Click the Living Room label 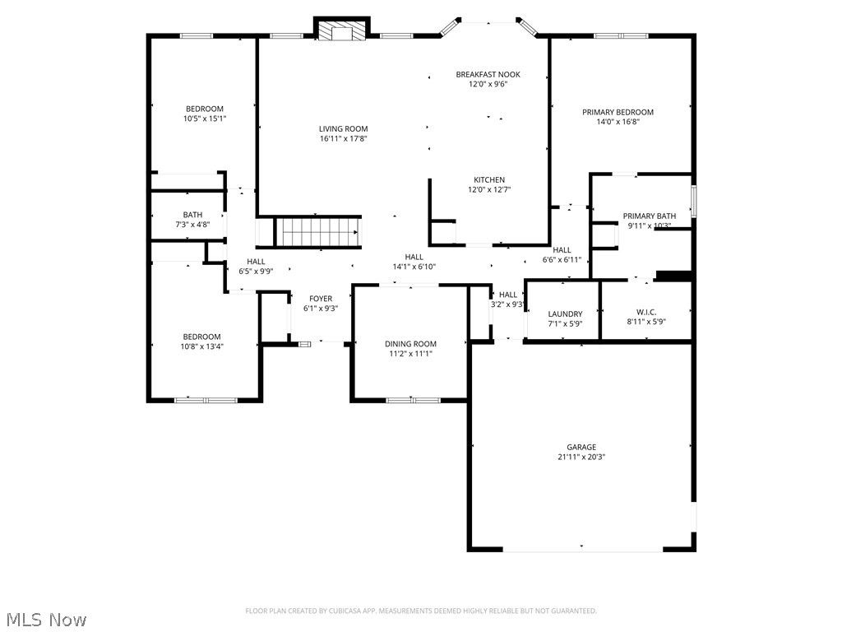point(343,128)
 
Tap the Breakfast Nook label point(488,75)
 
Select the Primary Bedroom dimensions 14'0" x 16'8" point(618,122)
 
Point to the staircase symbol point(317,232)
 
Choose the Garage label point(581,447)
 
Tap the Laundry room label point(565,314)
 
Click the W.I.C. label point(645,312)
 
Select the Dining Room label point(410,344)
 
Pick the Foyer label point(321,299)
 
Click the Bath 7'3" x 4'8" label point(192,215)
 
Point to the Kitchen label point(488,180)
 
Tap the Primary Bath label point(649,216)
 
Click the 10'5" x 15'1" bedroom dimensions point(204,118)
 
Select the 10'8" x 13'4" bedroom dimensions point(201,346)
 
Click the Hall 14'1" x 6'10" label point(414,257)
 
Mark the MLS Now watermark point(45,619)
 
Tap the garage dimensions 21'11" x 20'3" point(581,457)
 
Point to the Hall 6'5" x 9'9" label point(256,262)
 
